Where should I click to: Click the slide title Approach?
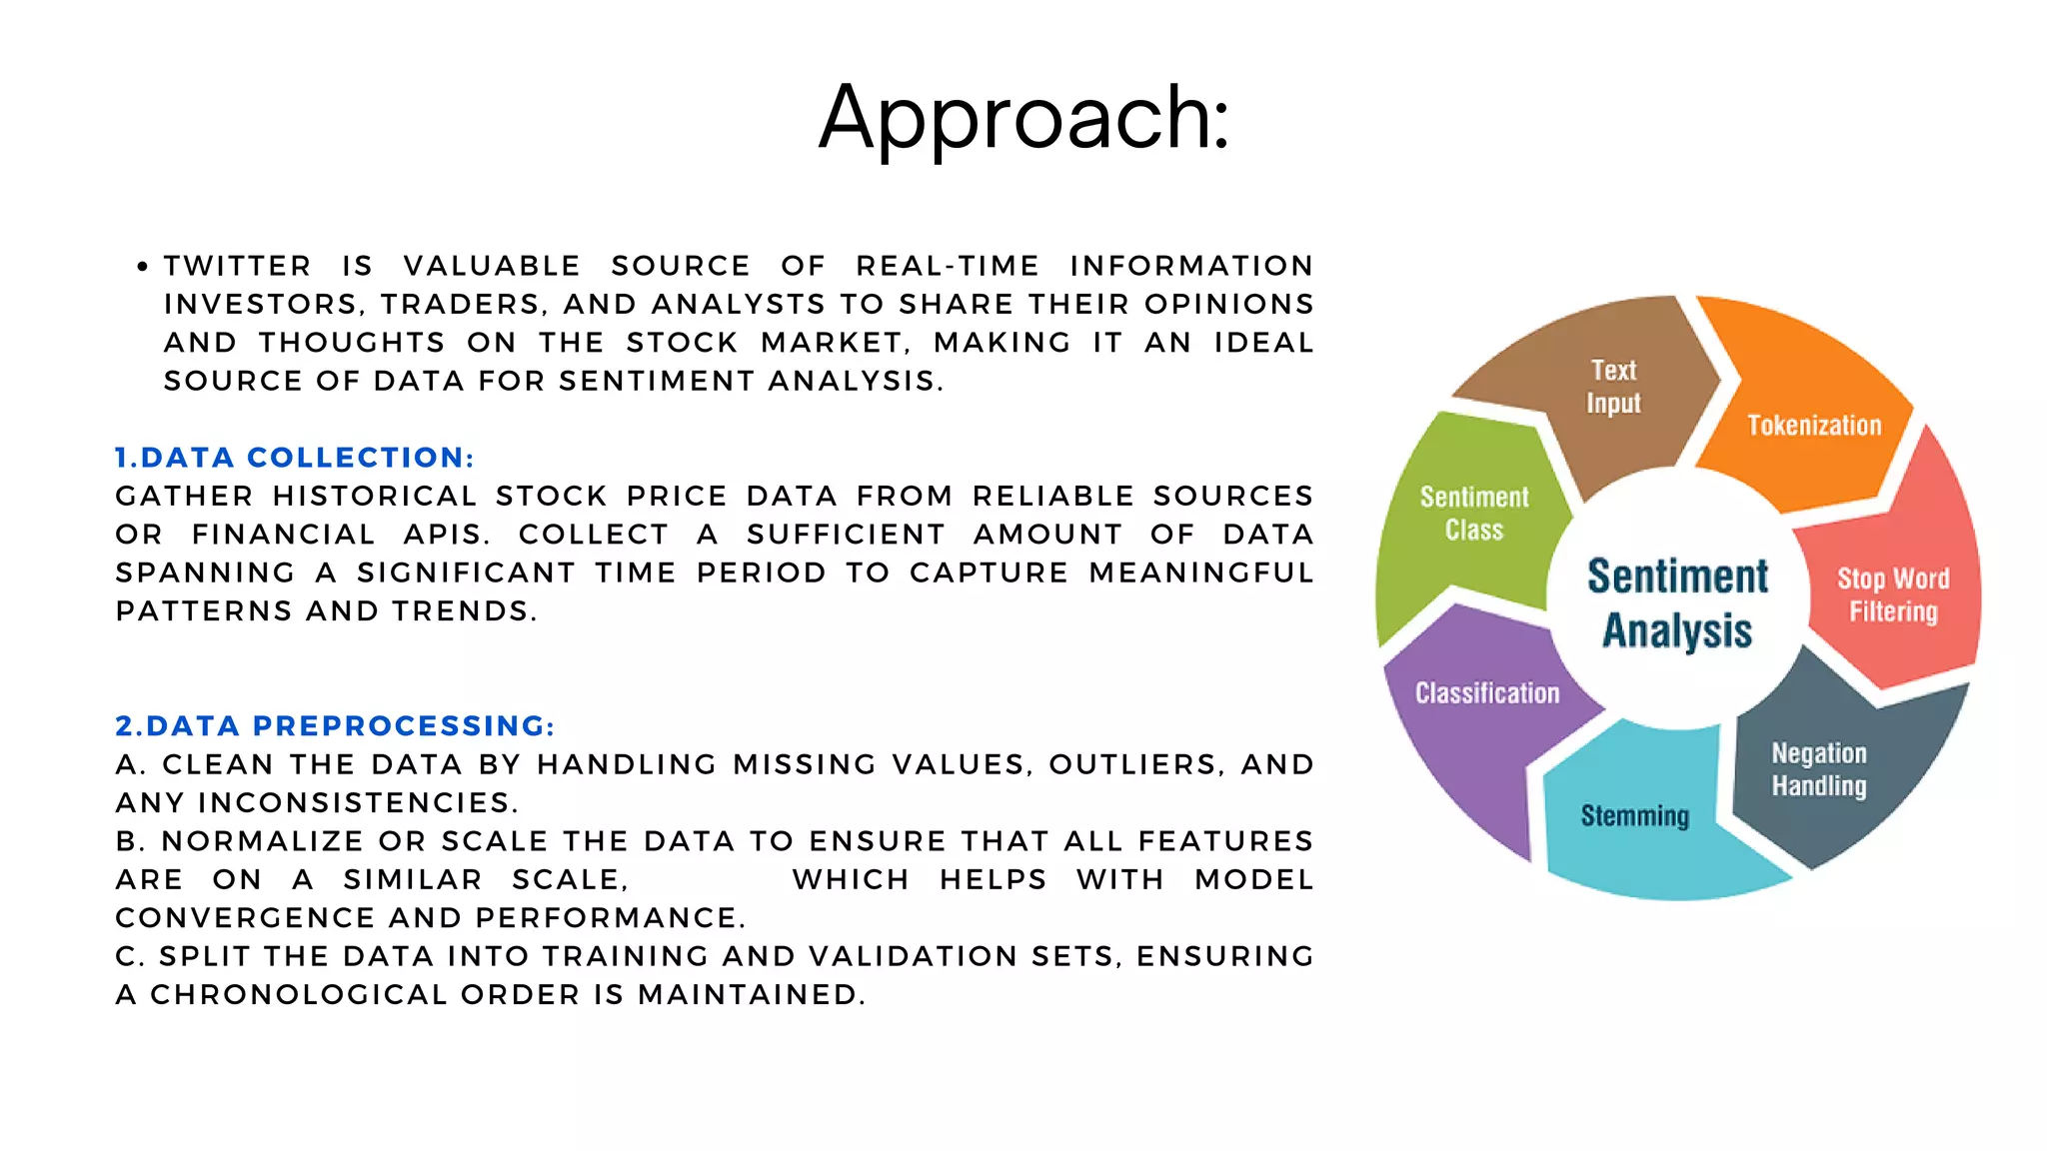[1023, 118]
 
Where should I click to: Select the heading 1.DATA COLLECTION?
[294, 458]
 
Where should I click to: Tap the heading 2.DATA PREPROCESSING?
[335, 726]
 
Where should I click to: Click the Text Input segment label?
[1613, 387]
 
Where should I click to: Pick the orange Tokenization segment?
[1813, 426]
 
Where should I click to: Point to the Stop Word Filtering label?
[1892, 595]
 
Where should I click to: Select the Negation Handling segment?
[1818, 769]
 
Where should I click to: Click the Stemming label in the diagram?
[1634, 816]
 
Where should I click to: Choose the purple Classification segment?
[1486, 693]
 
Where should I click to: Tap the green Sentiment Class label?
[1474, 514]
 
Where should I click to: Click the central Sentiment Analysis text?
[1677, 603]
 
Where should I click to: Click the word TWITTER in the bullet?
[238, 266]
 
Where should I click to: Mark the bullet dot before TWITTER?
[143, 267]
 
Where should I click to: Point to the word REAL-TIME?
[948, 266]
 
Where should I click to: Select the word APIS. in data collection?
[447, 535]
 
